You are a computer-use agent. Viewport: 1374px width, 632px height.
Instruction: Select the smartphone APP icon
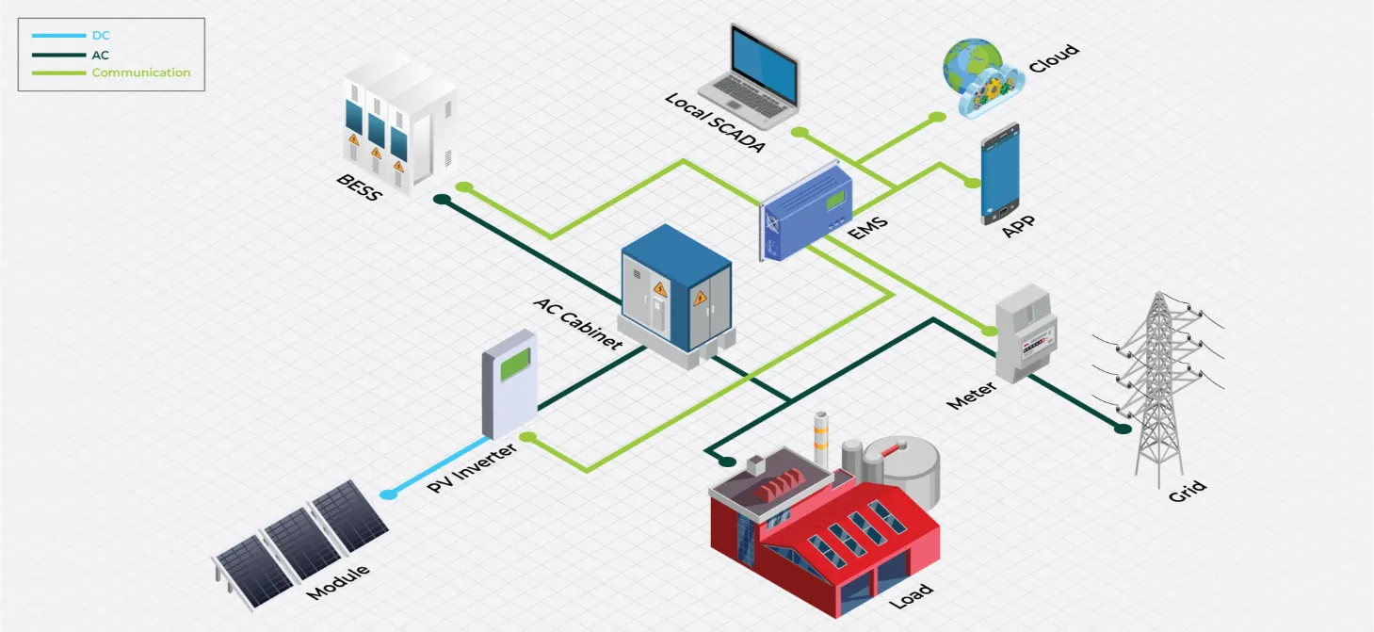click(x=1000, y=173)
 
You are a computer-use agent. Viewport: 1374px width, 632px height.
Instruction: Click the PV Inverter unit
click(x=509, y=391)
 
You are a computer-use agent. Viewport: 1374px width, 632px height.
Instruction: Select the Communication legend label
click(x=140, y=73)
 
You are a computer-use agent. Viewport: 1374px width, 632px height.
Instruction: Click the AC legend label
click(x=101, y=55)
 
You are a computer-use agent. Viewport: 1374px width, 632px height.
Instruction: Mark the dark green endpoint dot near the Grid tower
click(x=1123, y=429)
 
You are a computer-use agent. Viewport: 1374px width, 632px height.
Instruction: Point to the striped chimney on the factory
click(x=821, y=437)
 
